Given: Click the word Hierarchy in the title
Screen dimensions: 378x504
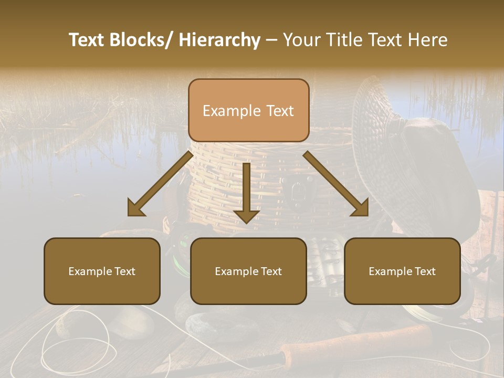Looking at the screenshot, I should (x=219, y=40).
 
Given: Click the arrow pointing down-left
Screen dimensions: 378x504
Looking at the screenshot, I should (x=160, y=184).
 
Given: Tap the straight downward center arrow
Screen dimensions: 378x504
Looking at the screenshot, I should (x=246, y=193).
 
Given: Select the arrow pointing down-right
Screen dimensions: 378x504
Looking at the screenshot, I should (x=336, y=184).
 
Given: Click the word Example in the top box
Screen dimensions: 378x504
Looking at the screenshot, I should (x=232, y=111).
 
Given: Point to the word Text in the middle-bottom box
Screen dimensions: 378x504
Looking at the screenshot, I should (x=270, y=271).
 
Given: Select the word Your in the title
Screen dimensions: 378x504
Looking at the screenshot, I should (x=301, y=40).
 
